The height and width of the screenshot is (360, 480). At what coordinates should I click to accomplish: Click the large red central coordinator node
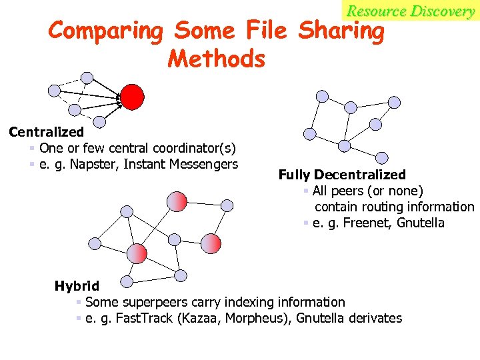[x=132, y=96]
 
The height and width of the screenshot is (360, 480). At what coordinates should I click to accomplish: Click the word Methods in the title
[x=217, y=59]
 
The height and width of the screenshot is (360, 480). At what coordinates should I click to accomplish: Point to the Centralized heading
[x=46, y=132]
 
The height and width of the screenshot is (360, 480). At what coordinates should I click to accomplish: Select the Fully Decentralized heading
[x=342, y=175]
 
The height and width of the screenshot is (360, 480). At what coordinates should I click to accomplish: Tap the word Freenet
[x=363, y=223]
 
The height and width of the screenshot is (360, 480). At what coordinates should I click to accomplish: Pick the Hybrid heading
[x=77, y=286]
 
